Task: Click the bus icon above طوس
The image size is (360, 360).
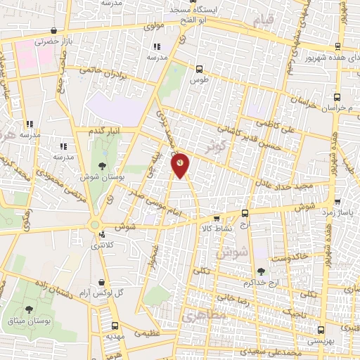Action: click(x=200, y=69)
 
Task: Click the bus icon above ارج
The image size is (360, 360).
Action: click(x=245, y=213)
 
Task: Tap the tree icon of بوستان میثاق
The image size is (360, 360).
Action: click(x=29, y=309)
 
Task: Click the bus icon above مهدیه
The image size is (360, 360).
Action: click(x=115, y=326)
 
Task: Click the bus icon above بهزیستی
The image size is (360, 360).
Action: click(x=321, y=328)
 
